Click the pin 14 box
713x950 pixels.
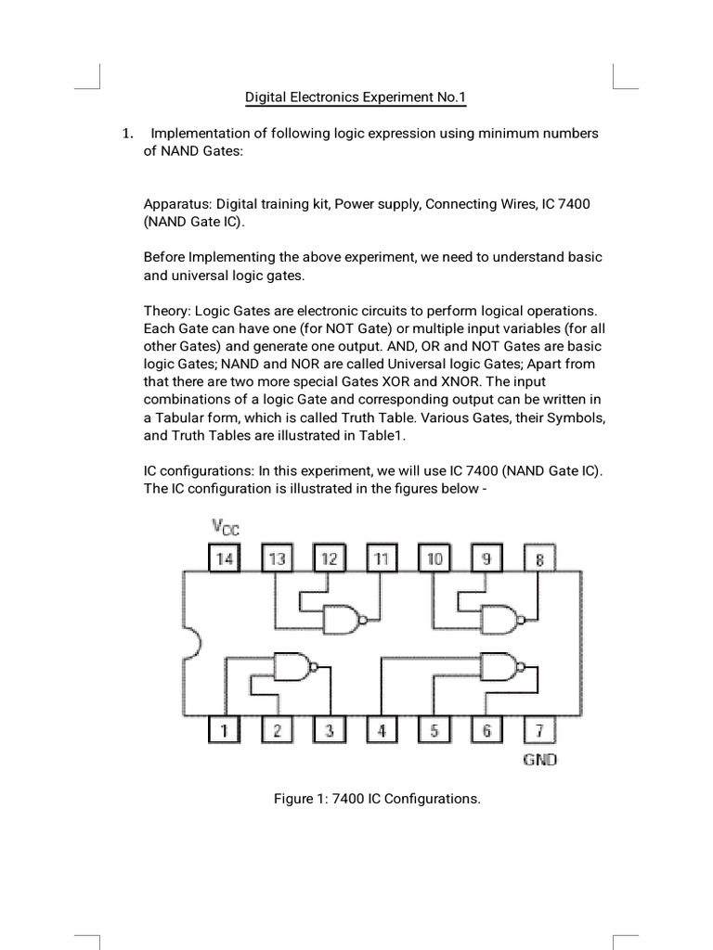(x=224, y=558)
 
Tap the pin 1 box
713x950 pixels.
(x=224, y=730)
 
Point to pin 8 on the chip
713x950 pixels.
(x=539, y=558)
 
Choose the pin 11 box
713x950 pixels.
(x=382, y=558)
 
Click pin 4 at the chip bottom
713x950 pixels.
(x=382, y=730)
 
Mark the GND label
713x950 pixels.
(x=539, y=760)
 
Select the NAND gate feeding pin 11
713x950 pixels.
(x=342, y=616)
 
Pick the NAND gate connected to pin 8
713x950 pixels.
(x=501, y=616)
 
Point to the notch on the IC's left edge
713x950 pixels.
(x=191, y=645)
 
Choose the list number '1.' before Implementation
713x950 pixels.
(x=129, y=134)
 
